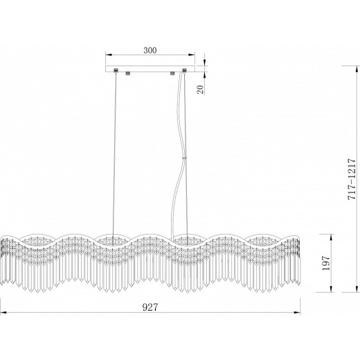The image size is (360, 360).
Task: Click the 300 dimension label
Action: point(150,50)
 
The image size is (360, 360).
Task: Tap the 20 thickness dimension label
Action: point(200,89)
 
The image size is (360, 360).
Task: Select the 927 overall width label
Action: point(150,307)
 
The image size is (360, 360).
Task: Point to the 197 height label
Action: point(326,263)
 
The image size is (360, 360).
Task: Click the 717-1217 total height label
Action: point(352,179)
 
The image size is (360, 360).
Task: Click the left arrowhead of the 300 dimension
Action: point(109,55)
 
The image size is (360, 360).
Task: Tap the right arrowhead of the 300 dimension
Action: point(192,55)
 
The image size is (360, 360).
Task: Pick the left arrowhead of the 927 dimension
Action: point(3,313)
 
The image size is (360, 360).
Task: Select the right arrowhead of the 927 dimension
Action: point(297,313)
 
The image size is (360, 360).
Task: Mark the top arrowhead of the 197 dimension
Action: point(332,237)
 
